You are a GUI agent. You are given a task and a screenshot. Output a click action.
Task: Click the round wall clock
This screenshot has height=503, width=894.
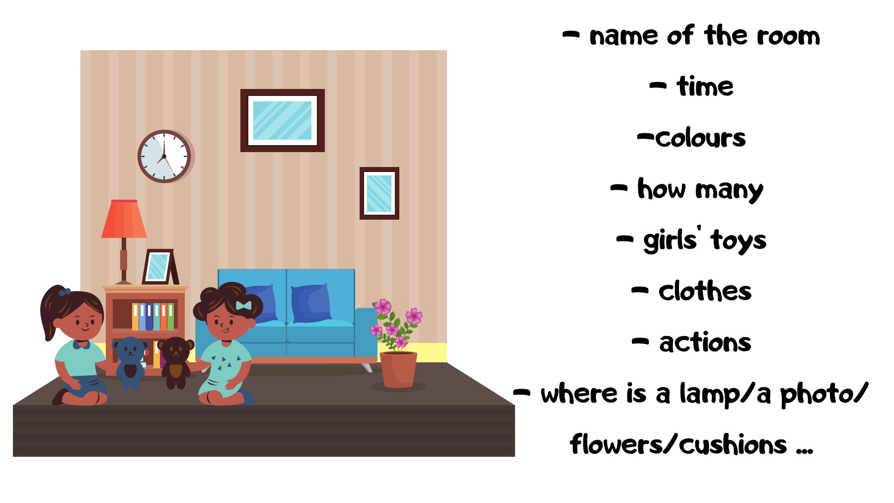(x=164, y=156)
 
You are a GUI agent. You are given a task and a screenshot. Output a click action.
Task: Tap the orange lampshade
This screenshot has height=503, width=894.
(x=124, y=220)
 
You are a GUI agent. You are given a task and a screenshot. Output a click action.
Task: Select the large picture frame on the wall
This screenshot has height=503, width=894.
(x=282, y=120)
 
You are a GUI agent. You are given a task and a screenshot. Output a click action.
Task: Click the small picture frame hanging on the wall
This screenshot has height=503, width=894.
(x=379, y=193)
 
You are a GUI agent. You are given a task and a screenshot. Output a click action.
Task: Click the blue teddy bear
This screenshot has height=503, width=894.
(x=130, y=360)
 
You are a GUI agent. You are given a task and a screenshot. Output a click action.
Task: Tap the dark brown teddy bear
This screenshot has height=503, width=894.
(x=175, y=361)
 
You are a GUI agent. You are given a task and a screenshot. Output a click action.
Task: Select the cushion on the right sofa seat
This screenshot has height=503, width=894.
(x=310, y=303)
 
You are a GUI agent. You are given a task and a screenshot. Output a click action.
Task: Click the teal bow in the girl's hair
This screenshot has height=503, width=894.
(x=243, y=305)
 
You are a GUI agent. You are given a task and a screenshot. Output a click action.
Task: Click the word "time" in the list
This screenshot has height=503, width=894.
(x=705, y=87)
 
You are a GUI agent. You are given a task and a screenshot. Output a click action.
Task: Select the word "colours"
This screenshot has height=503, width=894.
(x=700, y=138)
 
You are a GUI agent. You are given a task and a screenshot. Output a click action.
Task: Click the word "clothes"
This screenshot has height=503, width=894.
(x=705, y=291)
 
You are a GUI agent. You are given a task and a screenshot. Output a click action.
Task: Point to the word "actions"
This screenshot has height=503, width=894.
(x=705, y=342)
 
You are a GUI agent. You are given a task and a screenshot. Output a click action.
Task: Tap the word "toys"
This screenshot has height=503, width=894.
(x=739, y=241)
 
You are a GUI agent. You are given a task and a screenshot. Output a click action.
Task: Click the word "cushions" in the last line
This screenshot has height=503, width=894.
(x=733, y=445)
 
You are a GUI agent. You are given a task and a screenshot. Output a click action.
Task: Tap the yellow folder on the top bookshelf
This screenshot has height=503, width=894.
(x=135, y=317)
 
